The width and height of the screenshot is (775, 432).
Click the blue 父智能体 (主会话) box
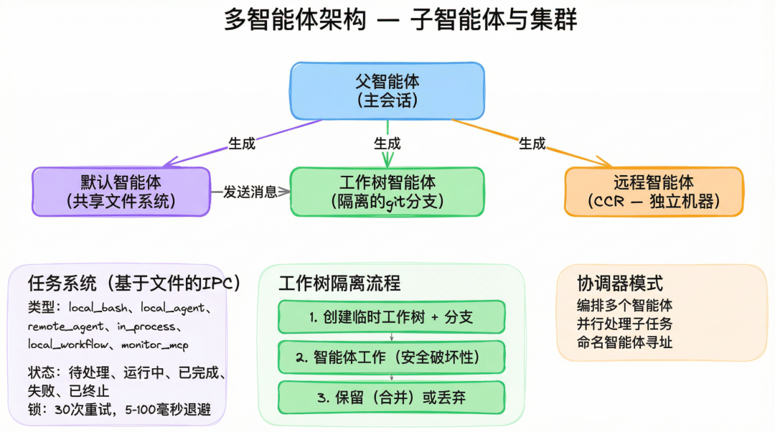click(x=387, y=90)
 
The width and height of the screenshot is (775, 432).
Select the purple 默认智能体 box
click(x=121, y=192)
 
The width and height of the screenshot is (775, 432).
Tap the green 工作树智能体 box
click(x=387, y=192)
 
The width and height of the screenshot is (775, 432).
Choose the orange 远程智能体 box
click(x=654, y=192)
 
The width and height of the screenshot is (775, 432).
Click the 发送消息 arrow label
click(x=250, y=192)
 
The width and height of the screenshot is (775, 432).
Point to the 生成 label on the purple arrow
click(x=242, y=144)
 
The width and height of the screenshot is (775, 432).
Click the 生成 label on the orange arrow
click(x=532, y=144)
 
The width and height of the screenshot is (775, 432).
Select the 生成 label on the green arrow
click(x=387, y=144)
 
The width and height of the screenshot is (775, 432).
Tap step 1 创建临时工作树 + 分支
click(x=391, y=317)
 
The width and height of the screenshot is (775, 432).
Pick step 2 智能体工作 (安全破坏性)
click(x=391, y=357)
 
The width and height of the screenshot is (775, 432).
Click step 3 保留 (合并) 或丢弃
click(x=391, y=397)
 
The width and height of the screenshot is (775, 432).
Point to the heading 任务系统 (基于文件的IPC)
click(x=133, y=283)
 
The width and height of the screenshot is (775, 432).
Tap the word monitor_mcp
click(x=155, y=344)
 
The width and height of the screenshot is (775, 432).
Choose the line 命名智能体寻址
click(x=624, y=342)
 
